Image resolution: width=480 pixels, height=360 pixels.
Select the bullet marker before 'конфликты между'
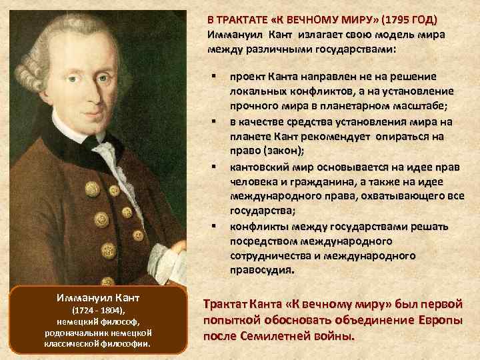[x=215, y=226]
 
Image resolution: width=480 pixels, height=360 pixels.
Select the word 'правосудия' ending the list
[x=259, y=271]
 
